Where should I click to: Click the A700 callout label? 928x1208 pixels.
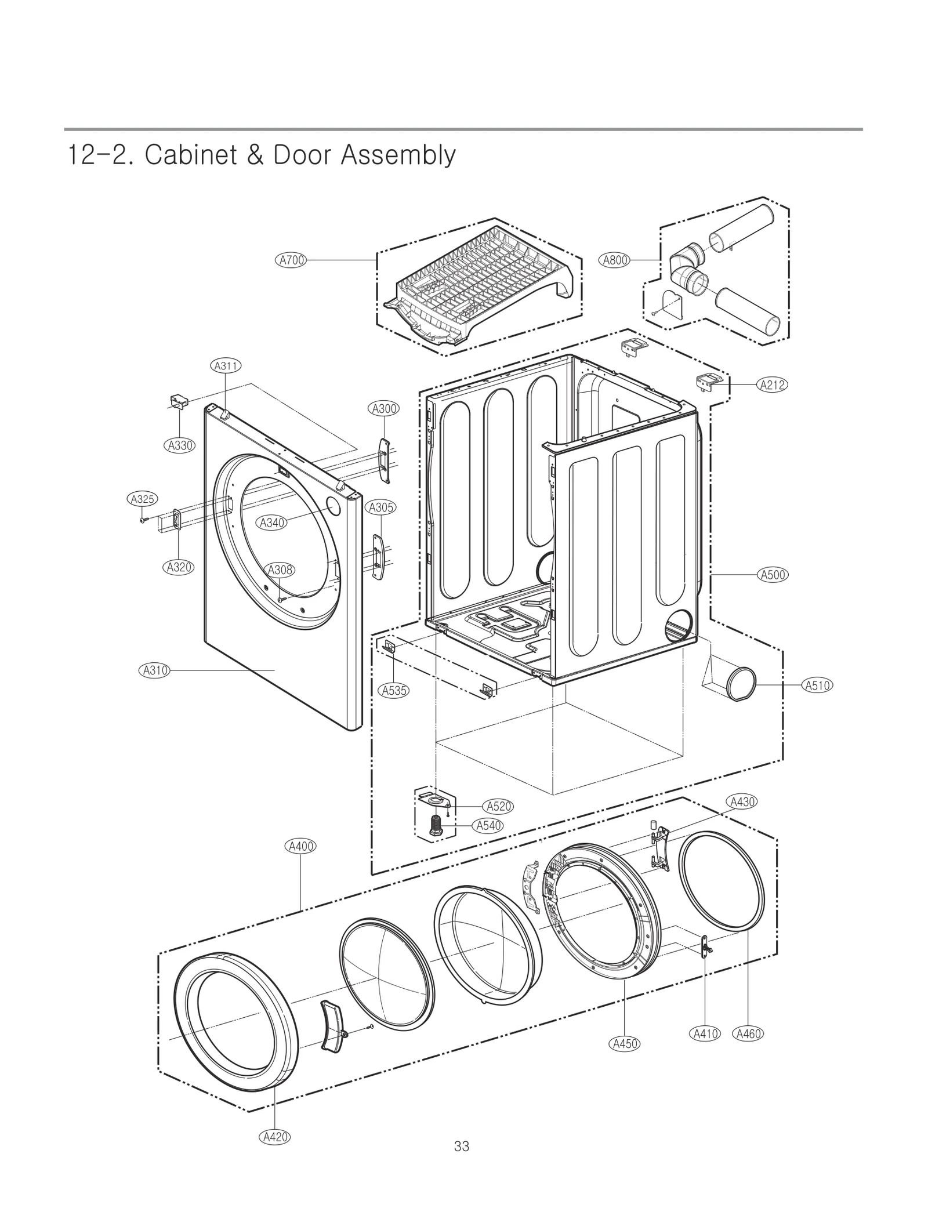[x=291, y=260]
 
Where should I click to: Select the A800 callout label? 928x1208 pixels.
[x=615, y=260]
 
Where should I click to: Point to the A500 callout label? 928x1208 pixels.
[x=773, y=575]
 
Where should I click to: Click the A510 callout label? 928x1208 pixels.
[x=817, y=685]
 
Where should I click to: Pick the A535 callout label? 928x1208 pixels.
[x=394, y=690]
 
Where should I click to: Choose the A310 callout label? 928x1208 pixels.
[x=154, y=670]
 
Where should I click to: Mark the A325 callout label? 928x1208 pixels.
[x=142, y=499]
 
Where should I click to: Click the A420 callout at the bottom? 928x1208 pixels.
[x=274, y=1137]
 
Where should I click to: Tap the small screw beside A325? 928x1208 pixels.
[x=143, y=520]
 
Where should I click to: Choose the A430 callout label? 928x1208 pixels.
[x=741, y=802]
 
